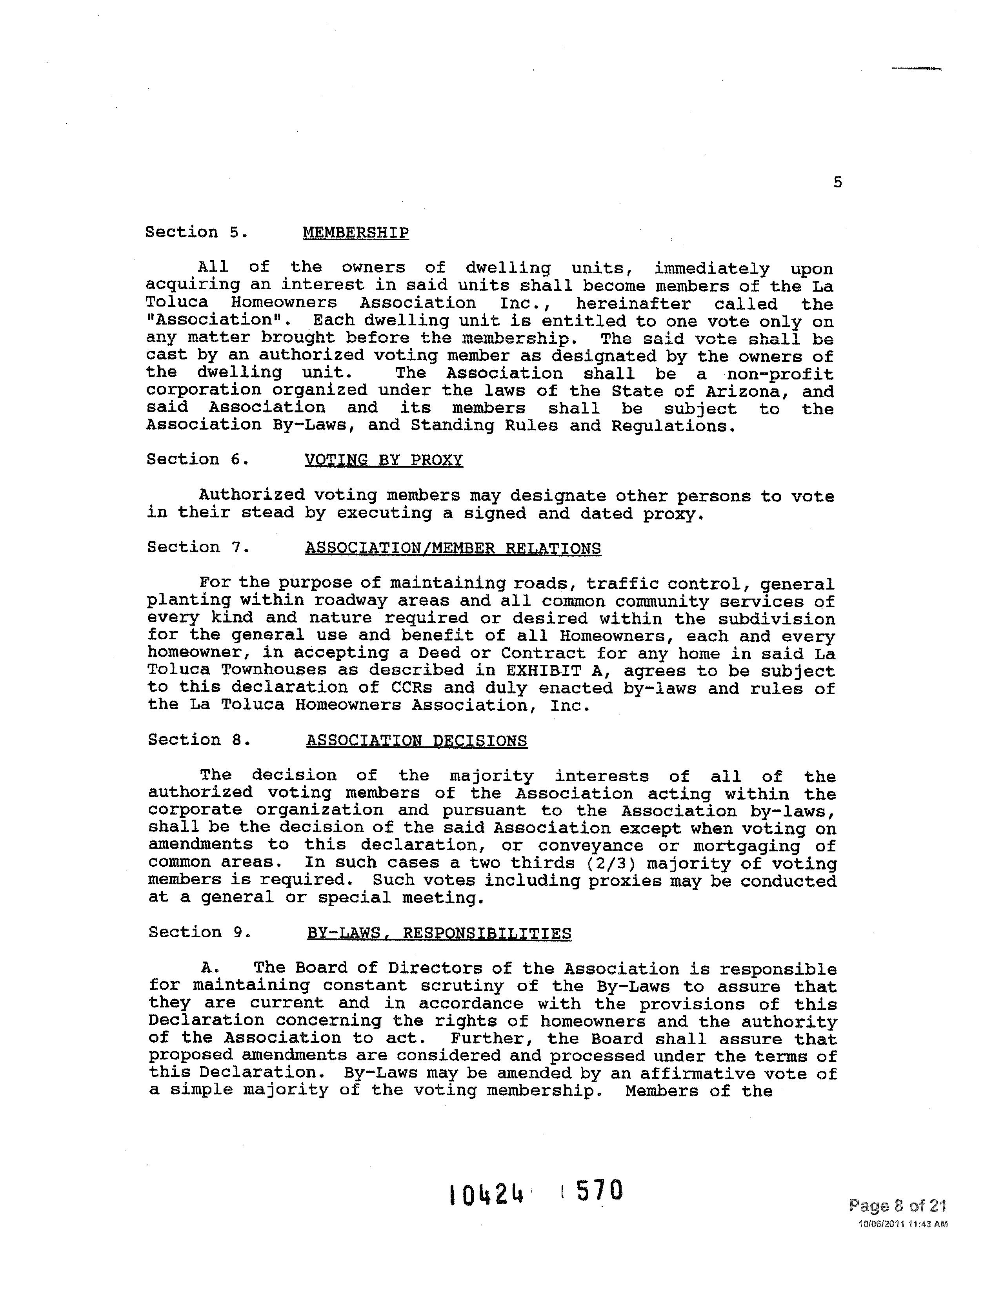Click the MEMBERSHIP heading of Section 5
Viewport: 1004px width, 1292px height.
(355, 232)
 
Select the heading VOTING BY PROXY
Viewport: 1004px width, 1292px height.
(383, 460)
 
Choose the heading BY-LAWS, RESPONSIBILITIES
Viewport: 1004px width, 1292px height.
(438, 933)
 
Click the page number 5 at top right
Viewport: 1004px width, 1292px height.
(837, 183)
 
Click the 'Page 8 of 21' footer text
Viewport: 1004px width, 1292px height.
(897, 1206)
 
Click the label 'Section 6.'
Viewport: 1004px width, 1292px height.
(197, 459)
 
